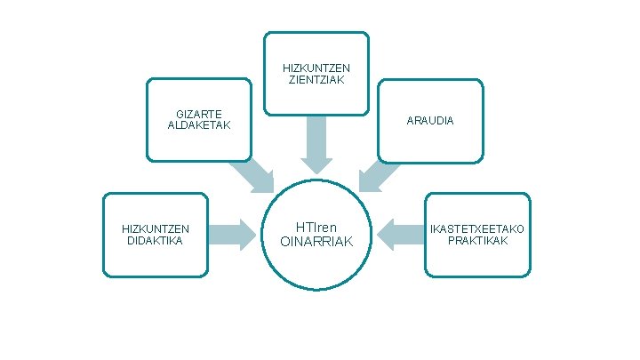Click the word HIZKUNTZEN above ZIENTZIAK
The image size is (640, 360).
click(316, 68)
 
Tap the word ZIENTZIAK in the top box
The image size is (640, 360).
click(316, 80)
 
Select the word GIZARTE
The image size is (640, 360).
click(199, 114)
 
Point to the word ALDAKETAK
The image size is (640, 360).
click(199, 125)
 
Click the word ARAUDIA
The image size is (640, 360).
click(430, 120)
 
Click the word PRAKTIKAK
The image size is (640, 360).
click(477, 240)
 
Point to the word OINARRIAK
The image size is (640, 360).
click(316, 242)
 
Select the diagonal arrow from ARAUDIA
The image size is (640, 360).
click(380, 172)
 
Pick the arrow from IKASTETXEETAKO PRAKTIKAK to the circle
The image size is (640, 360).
click(401, 235)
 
